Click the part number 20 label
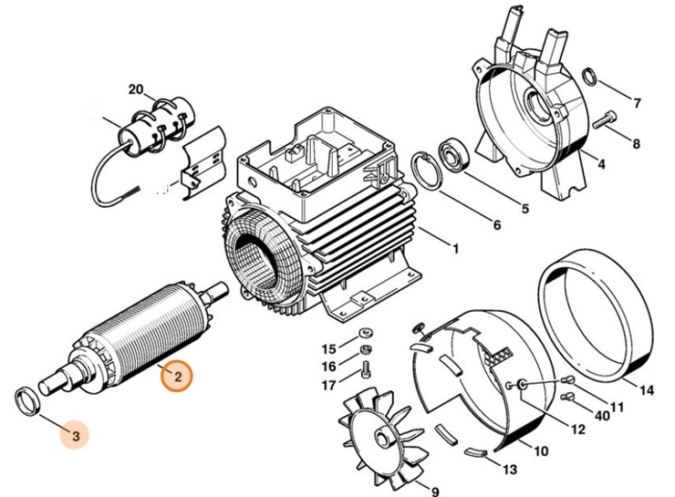click(x=137, y=89)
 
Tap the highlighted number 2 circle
click(x=178, y=376)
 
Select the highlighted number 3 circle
click(x=77, y=437)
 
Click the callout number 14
click(x=646, y=391)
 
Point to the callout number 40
click(x=602, y=415)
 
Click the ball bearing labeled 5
click(x=453, y=152)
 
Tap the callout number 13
click(x=509, y=471)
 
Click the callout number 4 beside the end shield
click(x=601, y=164)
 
